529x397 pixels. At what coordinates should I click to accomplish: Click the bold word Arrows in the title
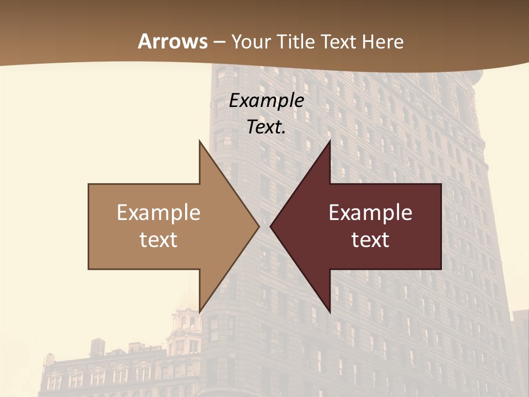point(172,41)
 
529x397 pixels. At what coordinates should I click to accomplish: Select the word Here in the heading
point(383,41)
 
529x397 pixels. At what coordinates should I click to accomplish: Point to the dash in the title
point(219,42)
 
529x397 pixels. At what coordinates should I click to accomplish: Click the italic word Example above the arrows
point(267,100)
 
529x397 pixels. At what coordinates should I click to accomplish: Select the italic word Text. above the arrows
point(266,127)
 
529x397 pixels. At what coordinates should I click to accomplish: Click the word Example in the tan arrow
point(159,213)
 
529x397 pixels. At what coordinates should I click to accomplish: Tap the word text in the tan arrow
point(159,240)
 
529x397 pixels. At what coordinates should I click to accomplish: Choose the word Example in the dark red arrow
point(370,213)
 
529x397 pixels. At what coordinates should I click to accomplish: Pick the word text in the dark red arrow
point(370,240)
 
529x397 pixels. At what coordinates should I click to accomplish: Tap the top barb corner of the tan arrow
point(200,142)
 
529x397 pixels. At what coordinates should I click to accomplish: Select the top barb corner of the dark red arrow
point(329,142)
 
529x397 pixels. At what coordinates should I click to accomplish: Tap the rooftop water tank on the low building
point(98,346)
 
